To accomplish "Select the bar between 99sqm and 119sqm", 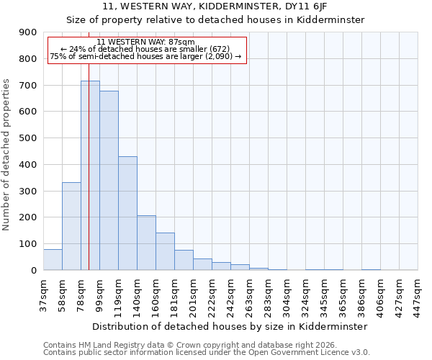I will click(x=109, y=180).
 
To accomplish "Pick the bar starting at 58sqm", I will click(x=71, y=226).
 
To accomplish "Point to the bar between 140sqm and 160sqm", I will click(x=146, y=243).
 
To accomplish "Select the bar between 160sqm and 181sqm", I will click(x=165, y=251).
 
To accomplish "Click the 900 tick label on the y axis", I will click(x=28, y=32).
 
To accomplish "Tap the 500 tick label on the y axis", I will click(x=28, y=138).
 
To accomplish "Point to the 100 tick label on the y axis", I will click(x=28, y=244).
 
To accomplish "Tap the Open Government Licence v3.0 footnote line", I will click(x=206, y=353).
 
